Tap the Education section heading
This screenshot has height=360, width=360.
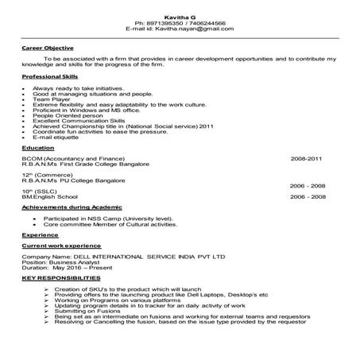[38, 148]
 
